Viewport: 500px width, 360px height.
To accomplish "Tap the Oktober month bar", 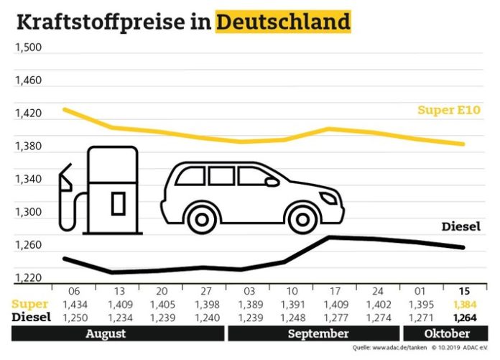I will pos(447,334).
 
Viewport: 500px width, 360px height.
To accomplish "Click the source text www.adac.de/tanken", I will pos(394,349).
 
